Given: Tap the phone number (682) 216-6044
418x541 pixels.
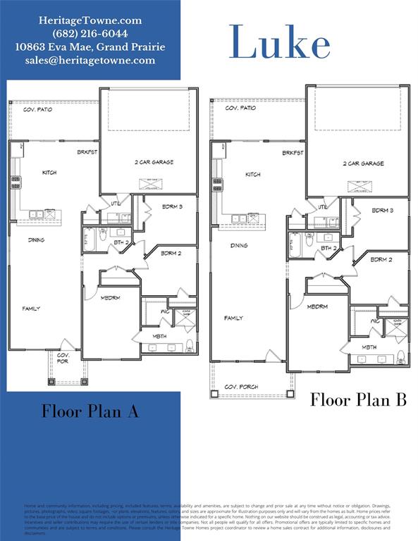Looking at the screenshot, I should [90, 34].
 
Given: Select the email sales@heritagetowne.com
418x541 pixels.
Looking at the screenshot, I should [90, 61].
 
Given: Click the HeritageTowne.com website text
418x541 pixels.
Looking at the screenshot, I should [90, 20].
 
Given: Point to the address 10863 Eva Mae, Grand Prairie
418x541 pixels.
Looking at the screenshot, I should [90, 47].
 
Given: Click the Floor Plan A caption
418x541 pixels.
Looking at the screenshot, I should [90, 411].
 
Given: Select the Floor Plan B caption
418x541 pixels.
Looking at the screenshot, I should [359, 400].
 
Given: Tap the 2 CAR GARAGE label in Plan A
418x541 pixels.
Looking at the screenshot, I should [154, 162].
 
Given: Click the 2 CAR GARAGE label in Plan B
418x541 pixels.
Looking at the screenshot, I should [363, 163].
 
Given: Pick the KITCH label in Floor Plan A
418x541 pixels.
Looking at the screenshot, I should [49, 173].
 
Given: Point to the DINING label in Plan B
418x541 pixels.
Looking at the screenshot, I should [239, 246].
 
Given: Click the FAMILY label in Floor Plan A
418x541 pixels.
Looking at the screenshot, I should [31, 309].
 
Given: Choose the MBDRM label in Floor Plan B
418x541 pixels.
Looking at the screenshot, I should [317, 306].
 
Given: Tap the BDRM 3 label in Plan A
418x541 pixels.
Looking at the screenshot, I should [171, 207].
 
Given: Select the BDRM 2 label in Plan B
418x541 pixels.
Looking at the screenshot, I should [381, 259].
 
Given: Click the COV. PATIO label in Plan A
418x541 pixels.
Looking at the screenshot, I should [39, 110].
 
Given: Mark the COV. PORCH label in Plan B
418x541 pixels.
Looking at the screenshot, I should [241, 387].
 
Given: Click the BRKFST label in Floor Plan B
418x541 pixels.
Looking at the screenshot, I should [293, 153].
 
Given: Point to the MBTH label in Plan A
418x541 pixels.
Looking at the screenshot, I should [160, 337].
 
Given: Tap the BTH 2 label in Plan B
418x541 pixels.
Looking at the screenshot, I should [328, 248].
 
